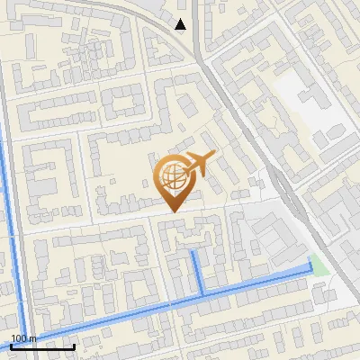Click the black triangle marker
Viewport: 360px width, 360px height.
click(182, 24)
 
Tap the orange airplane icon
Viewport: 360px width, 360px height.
click(199, 165)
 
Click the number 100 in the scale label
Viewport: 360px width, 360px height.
click(19, 338)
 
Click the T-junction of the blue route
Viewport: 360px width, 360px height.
click(202, 294)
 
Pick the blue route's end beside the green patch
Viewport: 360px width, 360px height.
click(311, 268)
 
